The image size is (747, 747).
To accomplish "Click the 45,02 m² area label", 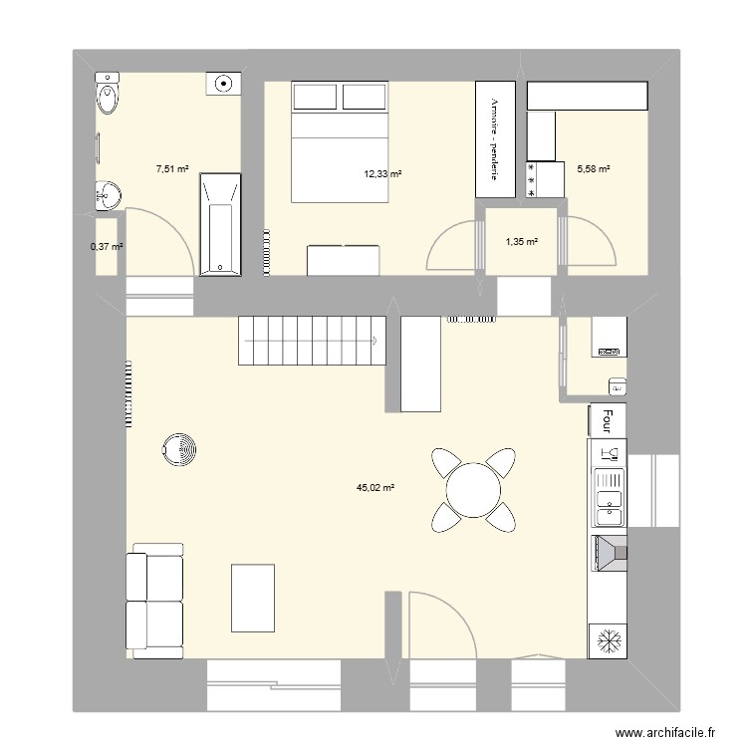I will click(x=375, y=488).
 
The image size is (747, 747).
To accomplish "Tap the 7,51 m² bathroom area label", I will click(x=172, y=169).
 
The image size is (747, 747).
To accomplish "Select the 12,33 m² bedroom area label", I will click(x=382, y=174).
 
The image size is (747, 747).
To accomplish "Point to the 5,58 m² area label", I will click(x=594, y=169).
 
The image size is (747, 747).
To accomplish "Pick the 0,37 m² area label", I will click(x=106, y=246).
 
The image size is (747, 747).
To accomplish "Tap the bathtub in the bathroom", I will click(x=219, y=224).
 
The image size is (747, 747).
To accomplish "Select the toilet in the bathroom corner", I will click(x=107, y=97).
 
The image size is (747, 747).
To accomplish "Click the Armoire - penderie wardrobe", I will click(x=493, y=138).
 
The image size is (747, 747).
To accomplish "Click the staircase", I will click(x=311, y=342).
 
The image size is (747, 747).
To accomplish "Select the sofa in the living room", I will click(x=155, y=601).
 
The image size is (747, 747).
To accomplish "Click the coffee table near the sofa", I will click(x=252, y=597).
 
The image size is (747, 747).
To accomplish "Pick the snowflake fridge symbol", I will click(x=607, y=639).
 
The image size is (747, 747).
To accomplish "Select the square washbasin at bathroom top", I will click(x=224, y=84).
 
